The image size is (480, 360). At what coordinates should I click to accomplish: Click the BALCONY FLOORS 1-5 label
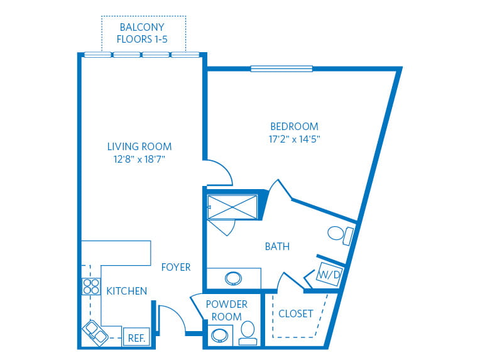142,33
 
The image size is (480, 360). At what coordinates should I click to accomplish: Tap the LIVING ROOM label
139,146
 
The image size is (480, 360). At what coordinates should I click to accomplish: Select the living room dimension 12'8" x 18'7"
139,159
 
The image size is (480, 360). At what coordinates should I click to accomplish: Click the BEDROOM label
294,126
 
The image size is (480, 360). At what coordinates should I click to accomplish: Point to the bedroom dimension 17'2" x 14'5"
294,139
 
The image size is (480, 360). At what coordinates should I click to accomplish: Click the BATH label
277,246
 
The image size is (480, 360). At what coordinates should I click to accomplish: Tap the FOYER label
176,267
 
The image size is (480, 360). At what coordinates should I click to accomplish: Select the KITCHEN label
126,291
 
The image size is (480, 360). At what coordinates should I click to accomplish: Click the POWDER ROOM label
227,310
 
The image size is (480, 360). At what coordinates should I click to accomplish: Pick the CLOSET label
296,314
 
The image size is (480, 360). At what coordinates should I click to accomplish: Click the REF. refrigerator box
136,337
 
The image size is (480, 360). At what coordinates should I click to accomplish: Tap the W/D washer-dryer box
329,275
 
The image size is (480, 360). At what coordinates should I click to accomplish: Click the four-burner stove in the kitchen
91,286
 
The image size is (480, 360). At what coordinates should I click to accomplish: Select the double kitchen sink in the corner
95,332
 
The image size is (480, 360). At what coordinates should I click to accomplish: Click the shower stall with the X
232,207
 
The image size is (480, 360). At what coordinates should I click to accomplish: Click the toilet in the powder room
248,333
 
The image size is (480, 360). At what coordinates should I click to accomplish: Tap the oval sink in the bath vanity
233,278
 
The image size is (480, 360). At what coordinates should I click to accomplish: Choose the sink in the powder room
220,335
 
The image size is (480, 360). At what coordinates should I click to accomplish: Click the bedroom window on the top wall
281,68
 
